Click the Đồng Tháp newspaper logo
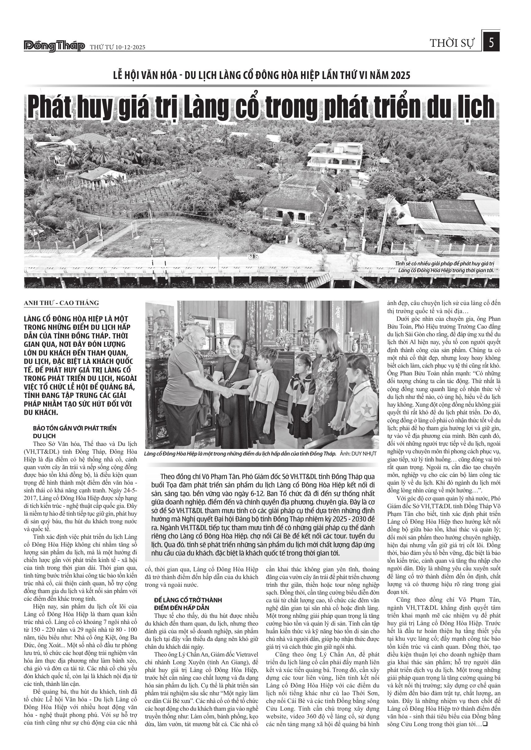click(54, 46)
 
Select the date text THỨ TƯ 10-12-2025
click(117, 47)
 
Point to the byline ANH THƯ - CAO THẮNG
click(61, 303)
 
